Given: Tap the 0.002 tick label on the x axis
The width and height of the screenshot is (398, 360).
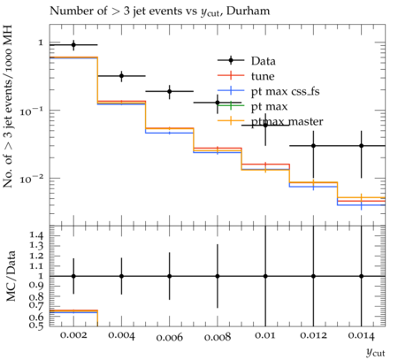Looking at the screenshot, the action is pos(73,335).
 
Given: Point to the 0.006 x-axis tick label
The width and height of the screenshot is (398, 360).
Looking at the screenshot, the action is pos(170,337).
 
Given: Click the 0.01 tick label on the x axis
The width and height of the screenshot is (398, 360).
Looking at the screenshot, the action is pos(265,335).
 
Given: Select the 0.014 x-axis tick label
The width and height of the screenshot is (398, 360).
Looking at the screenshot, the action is pos(362,336).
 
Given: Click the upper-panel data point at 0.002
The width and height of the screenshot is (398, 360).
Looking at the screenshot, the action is pos(73,45).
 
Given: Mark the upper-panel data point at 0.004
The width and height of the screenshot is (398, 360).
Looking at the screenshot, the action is pos(121,76).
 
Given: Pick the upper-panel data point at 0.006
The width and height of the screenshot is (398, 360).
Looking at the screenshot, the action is pos(170,91).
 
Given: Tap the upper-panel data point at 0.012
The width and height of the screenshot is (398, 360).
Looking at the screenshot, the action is pos(313,146).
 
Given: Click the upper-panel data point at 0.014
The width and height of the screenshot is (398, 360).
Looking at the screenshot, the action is pos(362,146).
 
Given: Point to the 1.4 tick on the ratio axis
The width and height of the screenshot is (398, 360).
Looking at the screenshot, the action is pos(36,235).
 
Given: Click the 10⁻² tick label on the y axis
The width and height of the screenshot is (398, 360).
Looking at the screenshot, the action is pos(31,179).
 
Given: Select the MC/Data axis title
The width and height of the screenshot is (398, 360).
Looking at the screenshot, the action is pos(11,276).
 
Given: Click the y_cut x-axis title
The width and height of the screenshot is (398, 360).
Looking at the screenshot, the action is pos(376,352).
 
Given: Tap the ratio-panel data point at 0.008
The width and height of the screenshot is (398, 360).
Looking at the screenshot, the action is pos(218,276).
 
